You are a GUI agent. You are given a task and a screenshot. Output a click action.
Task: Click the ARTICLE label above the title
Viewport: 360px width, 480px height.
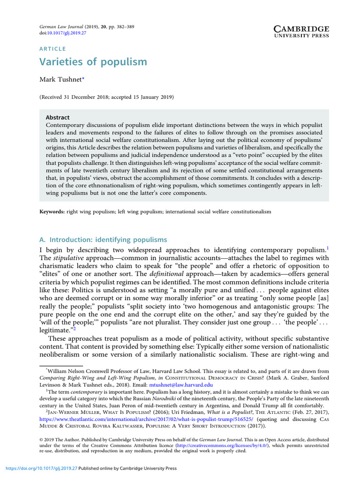52,49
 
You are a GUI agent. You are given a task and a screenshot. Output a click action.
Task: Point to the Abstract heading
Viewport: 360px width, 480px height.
58,118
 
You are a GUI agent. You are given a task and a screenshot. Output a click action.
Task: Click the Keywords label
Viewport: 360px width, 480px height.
52,212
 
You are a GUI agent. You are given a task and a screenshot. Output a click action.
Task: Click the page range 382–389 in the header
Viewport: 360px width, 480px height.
123,27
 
